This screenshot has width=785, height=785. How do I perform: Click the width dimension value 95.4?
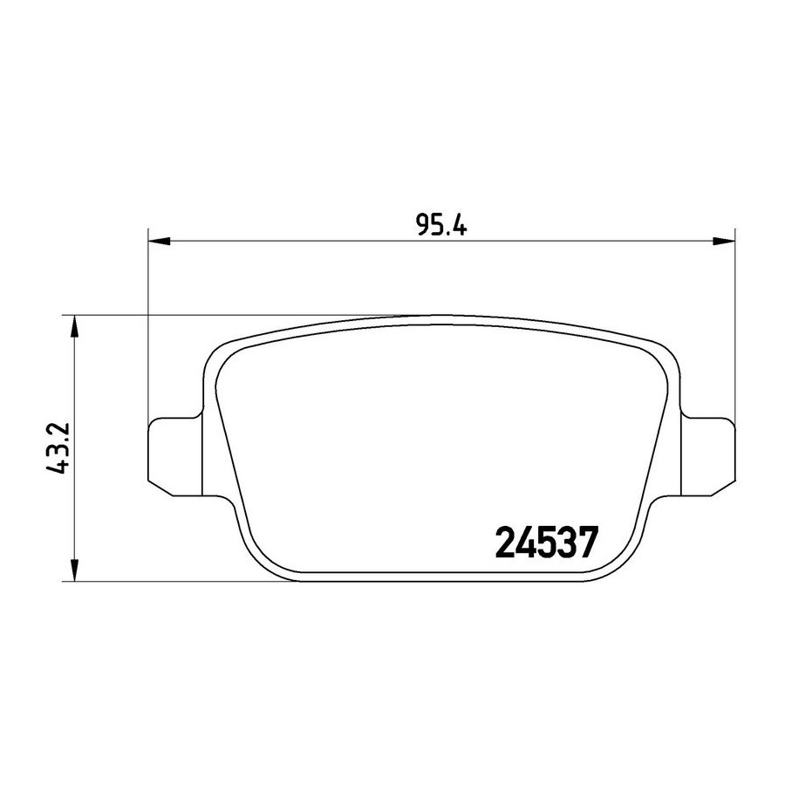tap(441, 226)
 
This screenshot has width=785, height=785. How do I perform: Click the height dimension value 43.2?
tap(56, 448)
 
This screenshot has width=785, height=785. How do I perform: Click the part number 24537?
tap(547, 543)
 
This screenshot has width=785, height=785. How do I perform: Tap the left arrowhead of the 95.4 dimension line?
tap(160, 242)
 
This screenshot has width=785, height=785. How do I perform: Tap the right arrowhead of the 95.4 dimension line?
tap(724, 242)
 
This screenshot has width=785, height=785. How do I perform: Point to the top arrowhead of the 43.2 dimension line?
tap(74, 326)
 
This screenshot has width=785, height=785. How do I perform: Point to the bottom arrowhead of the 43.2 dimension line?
tap(74, 570)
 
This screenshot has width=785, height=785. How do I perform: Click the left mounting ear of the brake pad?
tap(176, 456)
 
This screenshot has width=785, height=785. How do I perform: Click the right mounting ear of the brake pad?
tap(708, 456)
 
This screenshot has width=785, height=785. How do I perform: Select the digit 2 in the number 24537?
tap(505, 543)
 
